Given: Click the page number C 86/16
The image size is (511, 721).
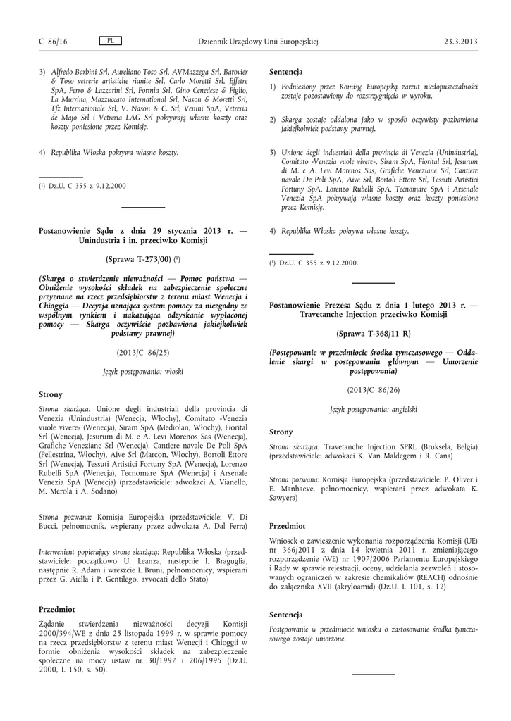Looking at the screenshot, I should pyautogui.click(x=53, y=42).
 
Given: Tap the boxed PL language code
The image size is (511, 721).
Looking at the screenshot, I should pyautogui.click(x=110, y=41).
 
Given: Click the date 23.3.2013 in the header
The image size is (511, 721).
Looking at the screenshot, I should pyautogui.click(x=461, y=42).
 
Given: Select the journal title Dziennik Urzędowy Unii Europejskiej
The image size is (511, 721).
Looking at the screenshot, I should pyautogui.click(x=259, y=42).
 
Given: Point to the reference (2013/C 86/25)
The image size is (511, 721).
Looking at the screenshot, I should pyautogui.click(x=143, y=351).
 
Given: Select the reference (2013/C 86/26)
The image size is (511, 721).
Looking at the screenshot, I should pyautogui.click(x=374, y=389).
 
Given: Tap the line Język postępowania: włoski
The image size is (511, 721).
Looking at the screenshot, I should pyautogui.click(x=143, y=370).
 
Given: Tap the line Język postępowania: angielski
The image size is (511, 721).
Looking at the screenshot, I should pyautogui.click(x=374, y=408).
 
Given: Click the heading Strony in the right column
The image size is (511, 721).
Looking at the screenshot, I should pyautogui.click(x=281, y=431).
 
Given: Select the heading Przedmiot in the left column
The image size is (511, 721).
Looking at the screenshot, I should pyautogui.click(x=56, y=608).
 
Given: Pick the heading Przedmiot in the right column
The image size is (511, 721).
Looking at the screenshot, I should pyautogui.click(x=287, y=525).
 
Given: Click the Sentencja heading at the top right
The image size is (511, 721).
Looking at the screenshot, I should pyautogui.click(x=286, y=72).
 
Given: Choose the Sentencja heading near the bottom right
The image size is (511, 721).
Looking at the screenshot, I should pyautogui.click(x=286, y=614).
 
